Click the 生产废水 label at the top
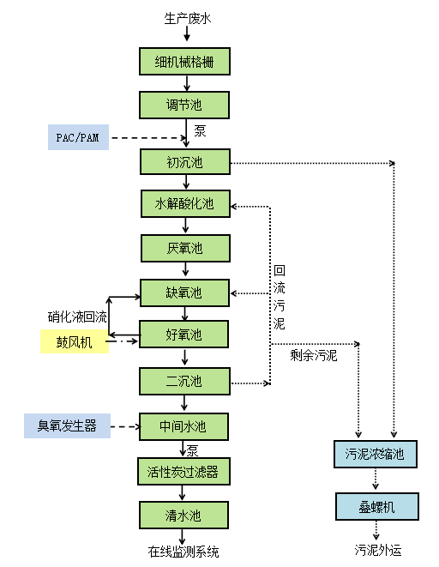tap(186, 18)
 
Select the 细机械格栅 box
tap(185, 62)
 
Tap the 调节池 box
tap(185, 106)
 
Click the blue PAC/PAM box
tap(78, 137)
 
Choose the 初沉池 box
tap(185, 161)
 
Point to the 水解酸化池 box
tap(185, 204)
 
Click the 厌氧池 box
tap(185, 249)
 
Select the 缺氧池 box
tap(185, 293)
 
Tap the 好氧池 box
tap(185, 334)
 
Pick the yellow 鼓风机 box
tap(77, 341)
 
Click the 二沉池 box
tap(185, 381)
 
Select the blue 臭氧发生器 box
tap(68, 425)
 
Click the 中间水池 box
tap(185, 425)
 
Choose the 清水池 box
tap(185, 516)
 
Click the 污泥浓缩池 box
tap(376, 454)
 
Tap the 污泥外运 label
tap(377, 550)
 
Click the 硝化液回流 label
tap(77, 316)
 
